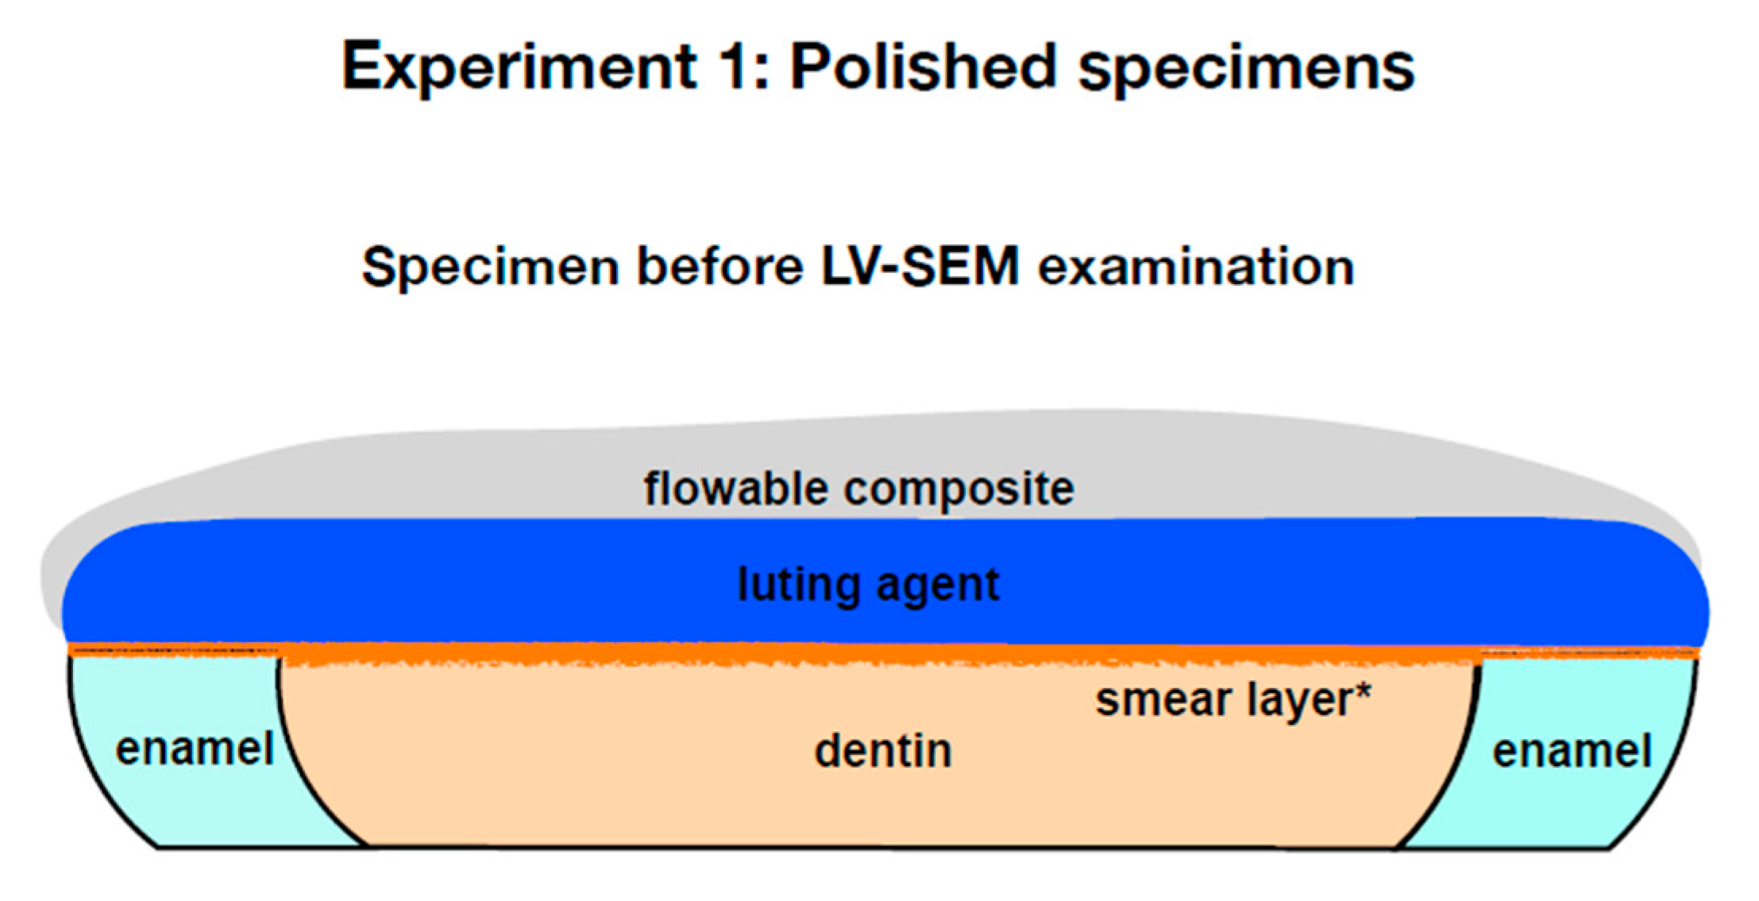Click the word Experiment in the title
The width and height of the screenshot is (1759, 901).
click(x=519, y=67)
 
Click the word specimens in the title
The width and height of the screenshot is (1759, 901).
click(x=1246, y=70)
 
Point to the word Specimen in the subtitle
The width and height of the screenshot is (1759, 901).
click(x=490, y=267)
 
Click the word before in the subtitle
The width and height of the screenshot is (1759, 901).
click(x=719, y=267)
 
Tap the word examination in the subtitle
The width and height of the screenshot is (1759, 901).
click(x=1195, y=267)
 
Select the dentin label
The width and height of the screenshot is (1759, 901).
click(x=883, y=751)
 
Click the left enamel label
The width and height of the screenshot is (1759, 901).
click(x=195, y=749)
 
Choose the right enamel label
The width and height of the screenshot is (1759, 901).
click(x=1572, y=751)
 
